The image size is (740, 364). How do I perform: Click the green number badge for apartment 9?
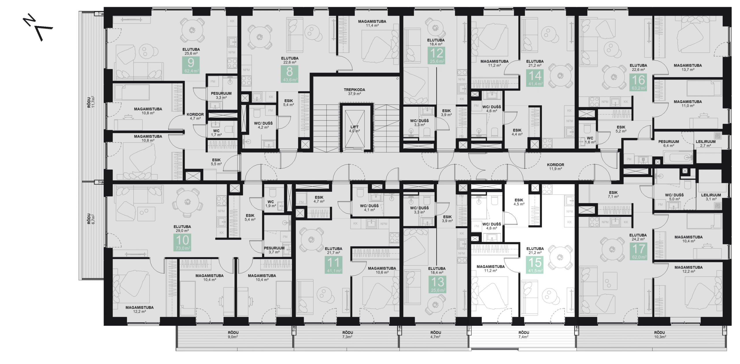pyautogui.click(x=191, y=65)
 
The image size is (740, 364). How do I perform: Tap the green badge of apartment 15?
pyautogui.click(x=535, y=265)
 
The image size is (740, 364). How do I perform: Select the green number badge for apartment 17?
pyautogui.click(x=638, y=251)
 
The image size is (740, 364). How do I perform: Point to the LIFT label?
pyautogui.click(x=354, y=129)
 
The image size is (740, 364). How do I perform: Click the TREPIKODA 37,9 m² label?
pyautogui.click(x=354, y=92)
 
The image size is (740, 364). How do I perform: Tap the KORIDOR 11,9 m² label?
pyautogui.click(x=555, y=167)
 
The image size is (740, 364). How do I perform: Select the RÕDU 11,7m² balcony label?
pyautogui.click(x=91, y=102)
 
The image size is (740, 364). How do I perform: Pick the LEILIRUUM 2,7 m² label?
pyautogui.click(x=705, y=144)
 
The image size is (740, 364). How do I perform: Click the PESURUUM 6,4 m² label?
pyautogui.click(x=668, y=144)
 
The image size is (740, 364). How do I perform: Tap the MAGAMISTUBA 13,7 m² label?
pyautogui.click(x=688, y=67)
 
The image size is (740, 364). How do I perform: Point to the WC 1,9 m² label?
pyautogui.click(x=271, y=204)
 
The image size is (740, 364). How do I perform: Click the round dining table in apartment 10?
pyautogui.click(x=188, y=201)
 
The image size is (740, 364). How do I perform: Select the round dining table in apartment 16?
pyautogui.click(x=614, y=77)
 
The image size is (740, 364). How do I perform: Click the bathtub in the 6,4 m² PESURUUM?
pyautogui.click(x=678, y=158)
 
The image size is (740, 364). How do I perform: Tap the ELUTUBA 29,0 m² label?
pyautogui.click(x=182, y=229)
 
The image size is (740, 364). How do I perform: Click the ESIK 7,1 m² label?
pyautogui.click(x=613, y=194)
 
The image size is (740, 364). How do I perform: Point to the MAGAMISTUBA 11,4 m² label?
pyautogui.click(x=372, y=23)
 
